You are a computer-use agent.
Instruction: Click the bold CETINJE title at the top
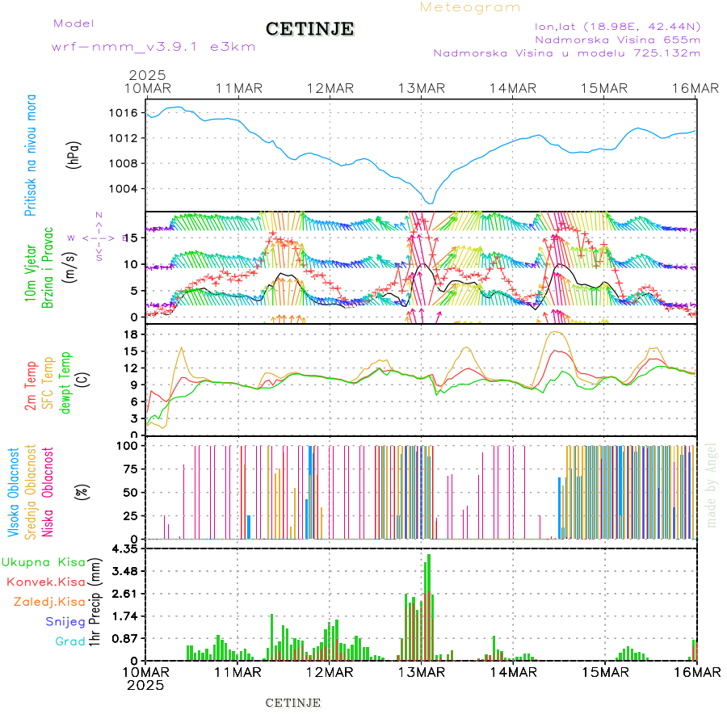pyautogui.click(x=309, y=29)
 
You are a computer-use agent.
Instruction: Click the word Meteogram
pyautogui.click(x=470, y=7)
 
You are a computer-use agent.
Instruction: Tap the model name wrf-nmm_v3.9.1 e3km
pyautogui.click(x=153, y=47)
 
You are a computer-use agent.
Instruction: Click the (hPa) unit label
pyautogui.click(x=74, y=153)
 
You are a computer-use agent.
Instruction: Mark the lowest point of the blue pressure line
pyautogui.click(x=431, y=203)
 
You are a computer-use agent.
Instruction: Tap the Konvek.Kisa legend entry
pyautogui.click(x=45, y=582)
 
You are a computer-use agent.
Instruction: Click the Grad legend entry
pyautogui.click(x=70, y=642)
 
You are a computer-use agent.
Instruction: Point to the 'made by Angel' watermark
pyautogui.click(x=712, y=485)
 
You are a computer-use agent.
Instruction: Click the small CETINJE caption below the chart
pyautogui.click(x=293, y=703)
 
